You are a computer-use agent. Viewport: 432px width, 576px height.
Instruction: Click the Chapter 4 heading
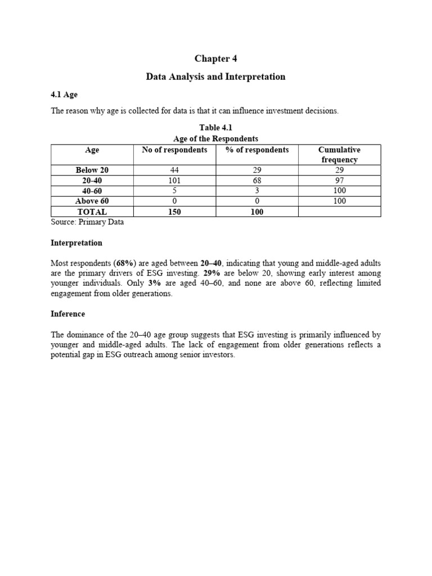pos(212,58)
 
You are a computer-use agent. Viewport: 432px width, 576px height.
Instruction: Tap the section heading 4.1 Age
pos(64,94)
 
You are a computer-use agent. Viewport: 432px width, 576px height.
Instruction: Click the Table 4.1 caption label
pos(215,128)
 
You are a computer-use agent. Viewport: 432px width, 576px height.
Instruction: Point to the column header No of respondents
pos(174,150)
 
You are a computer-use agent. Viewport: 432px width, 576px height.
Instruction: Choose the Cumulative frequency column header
pos(339,155)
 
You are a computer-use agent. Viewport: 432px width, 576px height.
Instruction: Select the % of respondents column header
pos(257,150)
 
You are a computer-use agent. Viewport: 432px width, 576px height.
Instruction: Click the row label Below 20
pos(92,170)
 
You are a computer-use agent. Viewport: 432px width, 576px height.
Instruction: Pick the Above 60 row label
pos(92,201)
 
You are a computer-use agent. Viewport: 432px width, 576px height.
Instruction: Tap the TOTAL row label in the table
pos(92,211)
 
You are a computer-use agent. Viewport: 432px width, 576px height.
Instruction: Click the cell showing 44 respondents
pos(174,170)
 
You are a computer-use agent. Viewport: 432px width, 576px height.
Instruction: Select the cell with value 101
pos(174,180)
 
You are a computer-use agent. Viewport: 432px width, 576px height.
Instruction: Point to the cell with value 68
pos(257,180)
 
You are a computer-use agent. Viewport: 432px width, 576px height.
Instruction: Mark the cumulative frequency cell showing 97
pos(339,180)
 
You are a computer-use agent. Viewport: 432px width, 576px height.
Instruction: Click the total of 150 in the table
pos(174,211)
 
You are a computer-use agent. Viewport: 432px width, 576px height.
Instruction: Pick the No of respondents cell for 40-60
pos(174,191)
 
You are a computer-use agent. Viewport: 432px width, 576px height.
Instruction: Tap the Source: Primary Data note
pos(87,222)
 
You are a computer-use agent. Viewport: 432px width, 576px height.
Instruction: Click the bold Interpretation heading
pos(76,243)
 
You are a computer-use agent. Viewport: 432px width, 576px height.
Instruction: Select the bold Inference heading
pos(67,314)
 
